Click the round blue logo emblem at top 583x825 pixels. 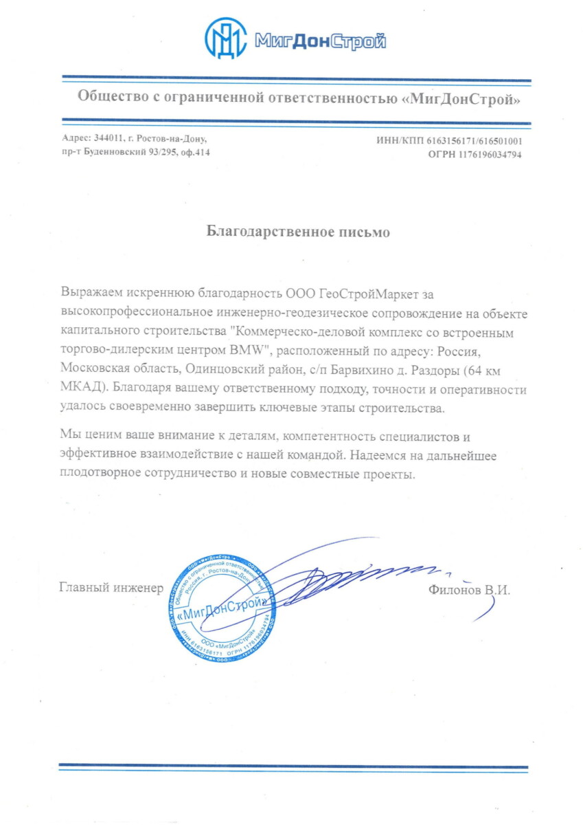(227, 39)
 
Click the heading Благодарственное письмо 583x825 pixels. (299, 232)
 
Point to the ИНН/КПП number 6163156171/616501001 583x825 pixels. (475, 141)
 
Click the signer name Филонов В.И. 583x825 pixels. (469, 590)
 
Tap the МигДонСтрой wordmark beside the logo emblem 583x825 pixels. (319, 42)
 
